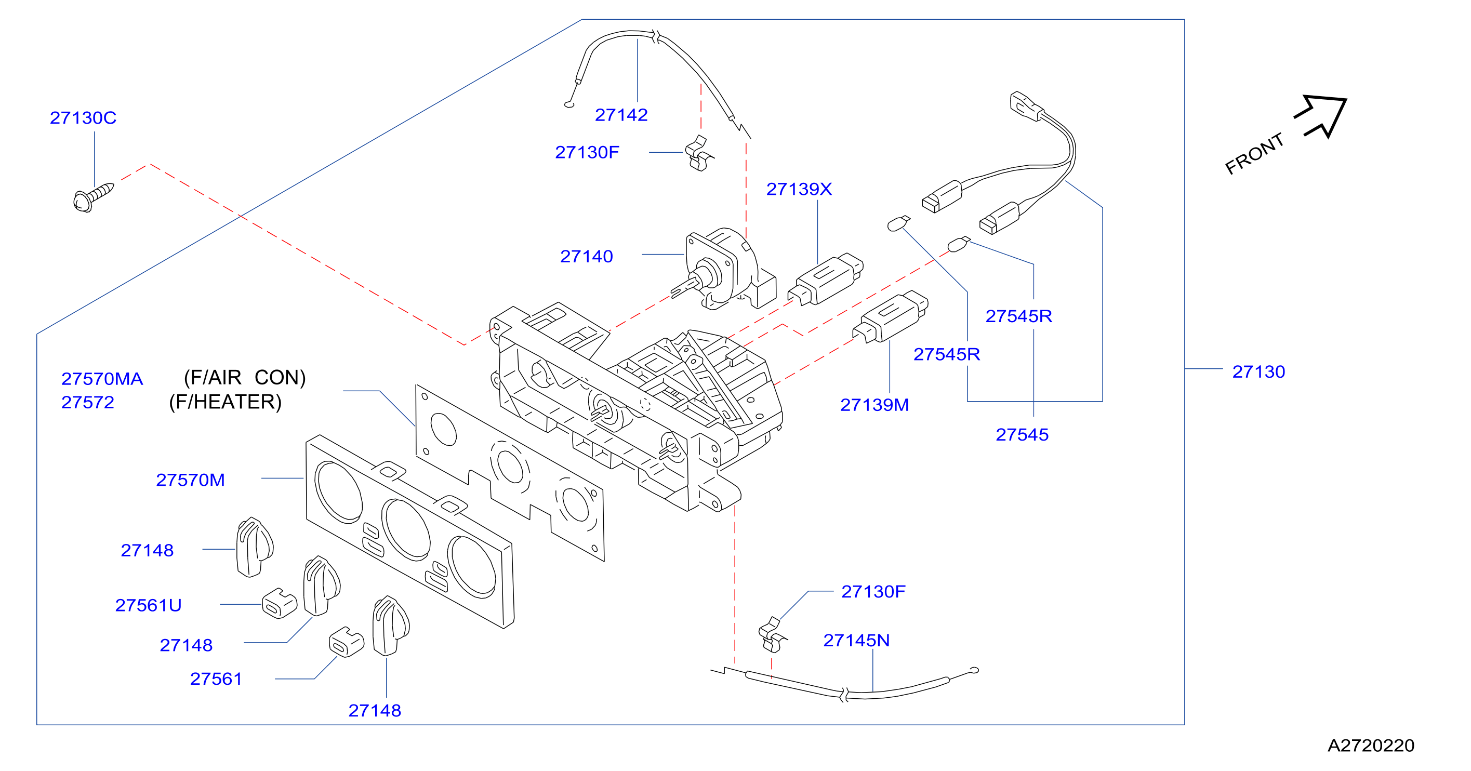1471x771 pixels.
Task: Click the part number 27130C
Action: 83,117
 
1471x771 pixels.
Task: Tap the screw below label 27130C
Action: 94,197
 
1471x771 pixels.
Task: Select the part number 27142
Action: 621,115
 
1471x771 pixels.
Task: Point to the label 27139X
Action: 799,189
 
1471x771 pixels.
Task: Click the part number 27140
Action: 587,257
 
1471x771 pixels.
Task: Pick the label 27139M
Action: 874,405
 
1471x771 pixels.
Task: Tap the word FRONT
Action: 1254,154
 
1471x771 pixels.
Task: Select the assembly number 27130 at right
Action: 1258,372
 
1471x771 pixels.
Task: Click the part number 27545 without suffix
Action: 1022,435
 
